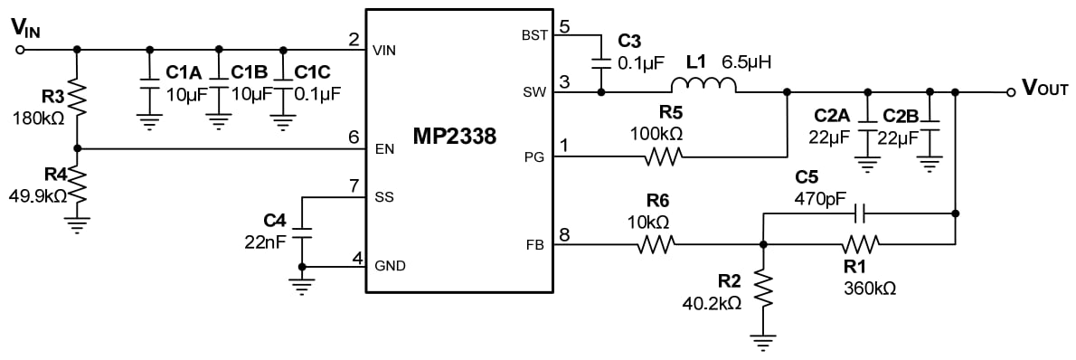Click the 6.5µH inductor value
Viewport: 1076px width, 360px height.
tap(750, 62)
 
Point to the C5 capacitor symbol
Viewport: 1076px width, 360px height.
tap(860, 213)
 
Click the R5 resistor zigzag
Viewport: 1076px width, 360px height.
tap(663, 156)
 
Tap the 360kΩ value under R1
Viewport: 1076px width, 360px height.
tap(870, 289)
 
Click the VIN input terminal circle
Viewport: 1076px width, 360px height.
tap(20, 49)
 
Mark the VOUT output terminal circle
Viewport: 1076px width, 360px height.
tap(1011, 92)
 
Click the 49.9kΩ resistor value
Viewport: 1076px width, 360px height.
tap(38, 194)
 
